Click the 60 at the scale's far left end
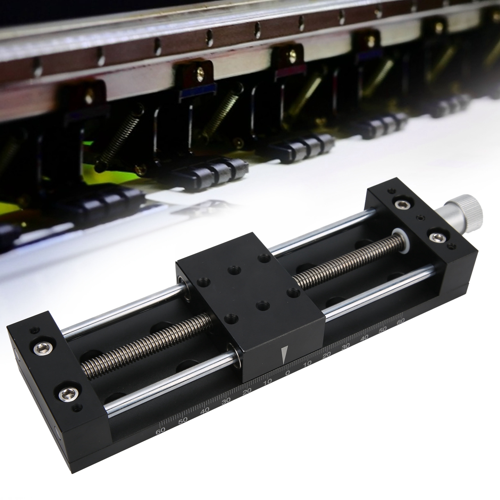coord(161,431)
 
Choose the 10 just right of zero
coord(307,364)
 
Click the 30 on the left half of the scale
coord(226,401)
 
